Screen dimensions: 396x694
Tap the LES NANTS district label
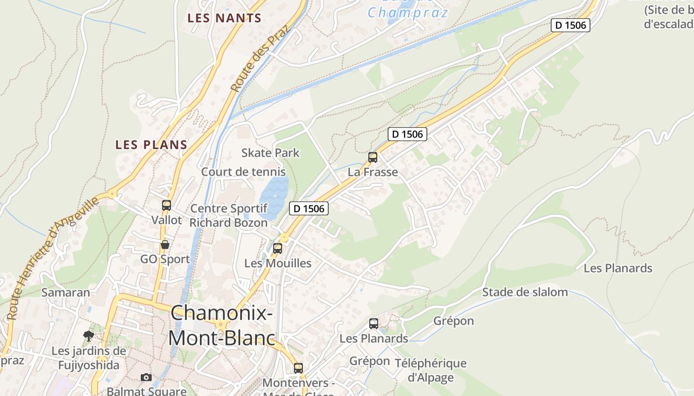pos(224,18)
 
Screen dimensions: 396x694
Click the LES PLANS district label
pos(151,145)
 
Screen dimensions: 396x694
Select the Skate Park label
pos(270,152)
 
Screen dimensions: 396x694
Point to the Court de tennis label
pos(243,172)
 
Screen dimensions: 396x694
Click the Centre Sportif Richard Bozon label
pos(229,215)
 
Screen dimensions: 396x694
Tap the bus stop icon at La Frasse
pos(373,157)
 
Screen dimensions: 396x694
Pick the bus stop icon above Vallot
pos(167,205)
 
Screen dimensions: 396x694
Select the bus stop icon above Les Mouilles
pos(278,248)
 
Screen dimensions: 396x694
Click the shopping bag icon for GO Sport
pos(165,245)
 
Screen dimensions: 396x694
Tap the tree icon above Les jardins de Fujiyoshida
pos(89,337)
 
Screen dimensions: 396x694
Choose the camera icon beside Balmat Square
pos(146,378)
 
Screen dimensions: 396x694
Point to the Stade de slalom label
pos(525,292)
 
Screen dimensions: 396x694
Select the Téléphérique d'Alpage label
pos(430,370)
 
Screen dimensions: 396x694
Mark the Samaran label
pos(65,292)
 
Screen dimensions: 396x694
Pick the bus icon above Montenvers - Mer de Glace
pos(298,368)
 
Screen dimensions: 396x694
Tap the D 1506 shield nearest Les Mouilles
pos(308,209)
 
